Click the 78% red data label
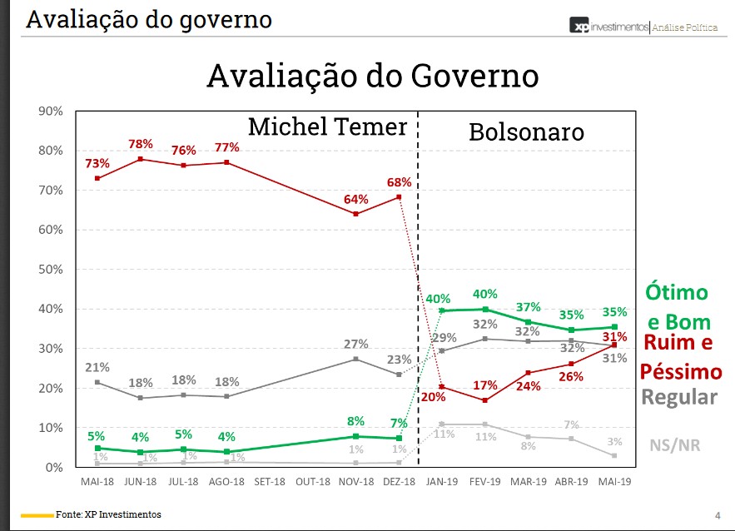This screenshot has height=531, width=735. point(141,145)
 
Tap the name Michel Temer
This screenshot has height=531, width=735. point(327,127)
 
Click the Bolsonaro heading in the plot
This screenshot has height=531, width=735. point(526,132)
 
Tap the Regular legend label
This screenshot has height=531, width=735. point(679,396)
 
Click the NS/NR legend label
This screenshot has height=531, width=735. point(674,445)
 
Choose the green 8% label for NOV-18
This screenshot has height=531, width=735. point(355,421)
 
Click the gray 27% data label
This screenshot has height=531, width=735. point(355,345)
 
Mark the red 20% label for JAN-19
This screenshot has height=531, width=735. point(435,397)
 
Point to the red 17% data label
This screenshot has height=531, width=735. point(484,386)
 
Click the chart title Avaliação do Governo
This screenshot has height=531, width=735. point(372,77)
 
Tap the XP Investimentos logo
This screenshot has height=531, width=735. point(609,27)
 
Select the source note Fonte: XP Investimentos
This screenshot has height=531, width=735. point(108,514)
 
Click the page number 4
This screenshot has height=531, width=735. point(718,514)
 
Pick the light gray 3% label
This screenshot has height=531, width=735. point(615,440)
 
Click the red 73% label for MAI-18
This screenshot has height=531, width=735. point(97,162)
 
